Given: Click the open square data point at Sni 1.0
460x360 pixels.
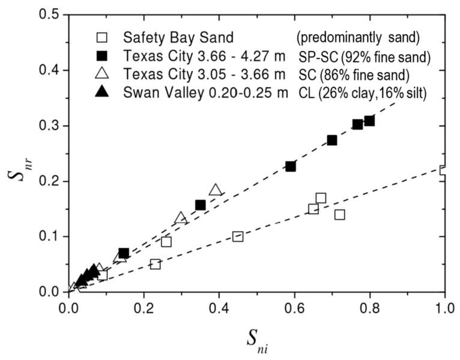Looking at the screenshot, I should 444,170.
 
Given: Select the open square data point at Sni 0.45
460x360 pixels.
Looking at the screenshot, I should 238,236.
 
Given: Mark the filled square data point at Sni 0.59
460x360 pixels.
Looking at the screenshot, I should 291,166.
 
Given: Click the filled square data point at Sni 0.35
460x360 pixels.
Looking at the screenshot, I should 201,205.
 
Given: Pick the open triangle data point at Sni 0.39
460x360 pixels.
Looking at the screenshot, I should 216,190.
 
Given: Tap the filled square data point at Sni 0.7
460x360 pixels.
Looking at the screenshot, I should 332,140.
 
